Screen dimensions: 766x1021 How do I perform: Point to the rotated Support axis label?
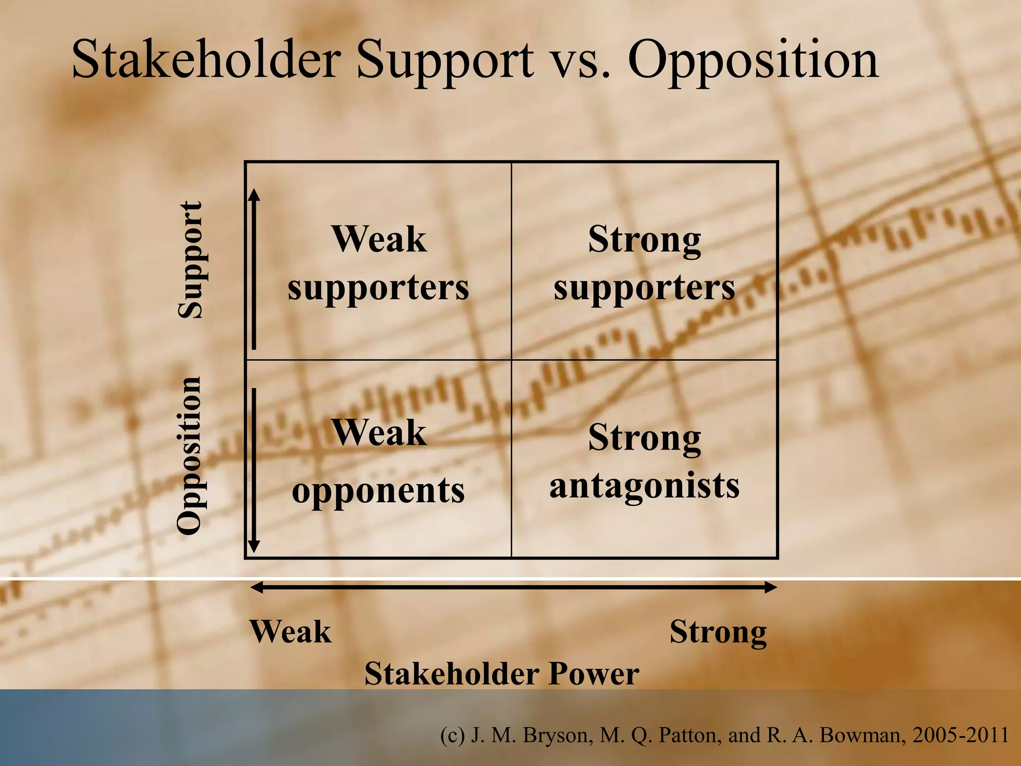190,260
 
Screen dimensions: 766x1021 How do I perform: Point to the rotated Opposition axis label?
190,455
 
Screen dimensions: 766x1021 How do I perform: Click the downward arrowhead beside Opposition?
254,546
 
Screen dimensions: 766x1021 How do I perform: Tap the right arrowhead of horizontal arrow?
771,587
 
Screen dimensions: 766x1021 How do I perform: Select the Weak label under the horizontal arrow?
290,632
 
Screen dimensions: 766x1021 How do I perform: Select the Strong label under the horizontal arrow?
718,632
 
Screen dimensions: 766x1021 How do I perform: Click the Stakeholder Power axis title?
502,674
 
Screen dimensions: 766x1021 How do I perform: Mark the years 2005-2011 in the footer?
960,736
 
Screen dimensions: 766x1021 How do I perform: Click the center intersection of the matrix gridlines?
511,360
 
